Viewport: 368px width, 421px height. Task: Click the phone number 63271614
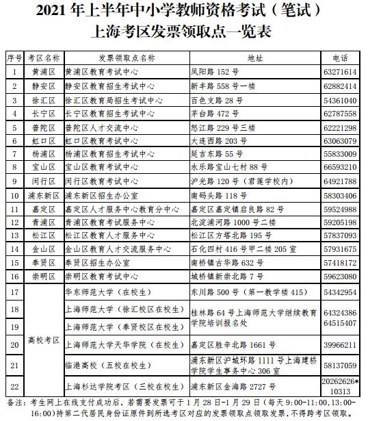tap(343, 71)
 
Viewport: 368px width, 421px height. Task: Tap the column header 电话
tap(343, 56)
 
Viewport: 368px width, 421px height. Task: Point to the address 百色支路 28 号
tap(216, 100)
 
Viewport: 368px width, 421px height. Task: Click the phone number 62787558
tap(343, 114)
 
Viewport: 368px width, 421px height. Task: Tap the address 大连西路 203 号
tap(219, 141)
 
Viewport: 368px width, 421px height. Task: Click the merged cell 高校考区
tap(44, 340)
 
